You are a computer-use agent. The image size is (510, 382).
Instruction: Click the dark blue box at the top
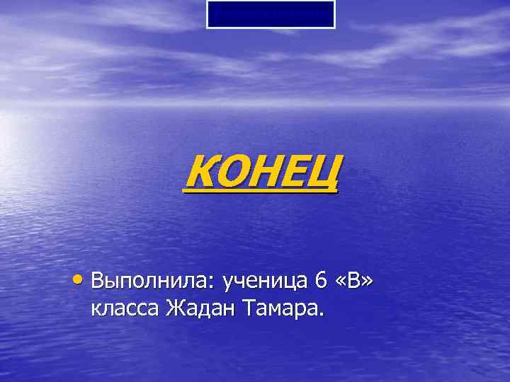pyautogui.click(x=271, y=14)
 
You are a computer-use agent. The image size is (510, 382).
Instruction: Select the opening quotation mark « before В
pyautogui.click(x=341, y=283)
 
